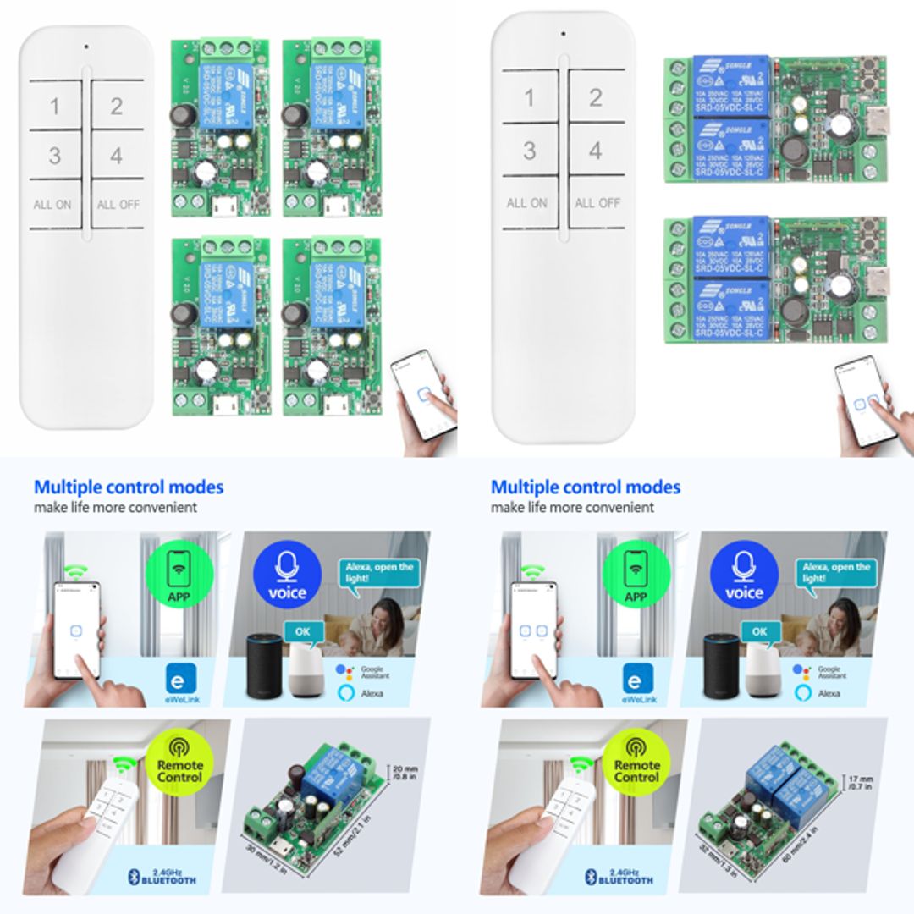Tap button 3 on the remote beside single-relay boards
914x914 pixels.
55,157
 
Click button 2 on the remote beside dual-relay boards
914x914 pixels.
596,97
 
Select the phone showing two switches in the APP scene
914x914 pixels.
533,630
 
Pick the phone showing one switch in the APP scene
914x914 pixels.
77,630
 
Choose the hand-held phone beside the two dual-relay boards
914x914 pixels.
865,402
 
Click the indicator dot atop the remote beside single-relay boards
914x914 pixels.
85,47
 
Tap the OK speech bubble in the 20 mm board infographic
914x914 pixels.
302,631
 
